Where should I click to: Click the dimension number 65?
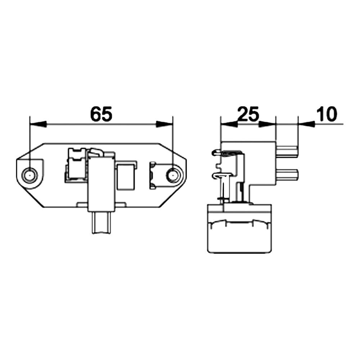pos(101,114)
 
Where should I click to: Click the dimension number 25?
pos(248,114)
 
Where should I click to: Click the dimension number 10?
pos(327,114)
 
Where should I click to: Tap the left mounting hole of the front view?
pos(30,176)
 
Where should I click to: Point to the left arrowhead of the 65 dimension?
pos(38,124)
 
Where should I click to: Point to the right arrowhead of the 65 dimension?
pos(165,124)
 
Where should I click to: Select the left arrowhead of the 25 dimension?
pos(229,124)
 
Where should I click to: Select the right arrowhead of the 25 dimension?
pos(267,124)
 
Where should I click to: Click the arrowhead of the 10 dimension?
pos(306,124)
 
